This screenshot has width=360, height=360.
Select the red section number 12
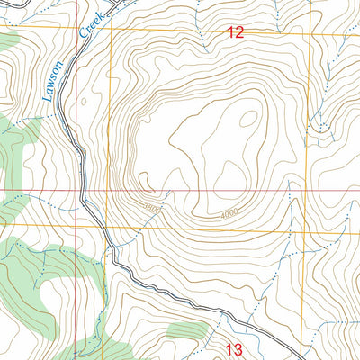235,33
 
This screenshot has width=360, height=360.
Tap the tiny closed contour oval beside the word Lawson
84,102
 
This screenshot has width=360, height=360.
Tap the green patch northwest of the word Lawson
8,39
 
